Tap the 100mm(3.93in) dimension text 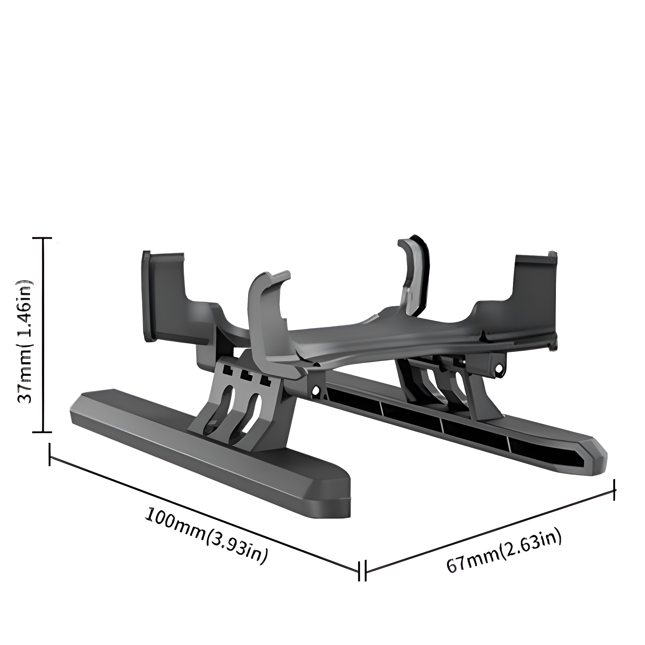pyautogui.click(x=206, y=539)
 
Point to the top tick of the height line pyautogui.click(x=43, y=238)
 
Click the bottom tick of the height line pyautogui.click(x=43, y=432)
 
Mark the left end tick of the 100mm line pyautogui.click(x=50, y=454)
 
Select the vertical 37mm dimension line pyautogui.click(x=43, y=335)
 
